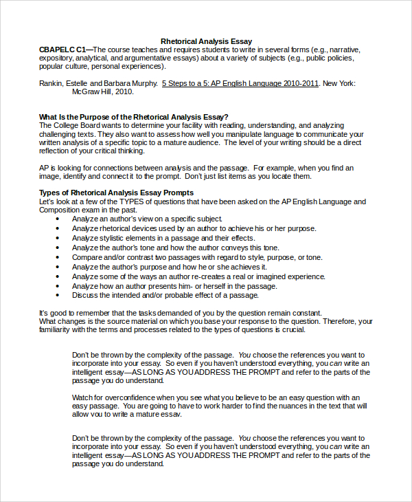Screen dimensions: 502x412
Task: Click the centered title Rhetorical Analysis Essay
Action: (x=206, y=41)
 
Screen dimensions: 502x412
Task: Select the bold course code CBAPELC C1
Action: (x=62, y=50)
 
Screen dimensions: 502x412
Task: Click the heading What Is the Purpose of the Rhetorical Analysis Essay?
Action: (x=134, y=117)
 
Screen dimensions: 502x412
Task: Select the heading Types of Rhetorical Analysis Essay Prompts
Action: (x=116, y=193)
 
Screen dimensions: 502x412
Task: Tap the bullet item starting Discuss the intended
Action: (x=165, y=295)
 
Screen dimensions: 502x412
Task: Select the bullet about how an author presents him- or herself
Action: (x=175, y=285)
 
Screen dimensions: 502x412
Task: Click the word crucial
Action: (x=292, y=329)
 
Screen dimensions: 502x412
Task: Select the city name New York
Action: (x=339, y=83)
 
